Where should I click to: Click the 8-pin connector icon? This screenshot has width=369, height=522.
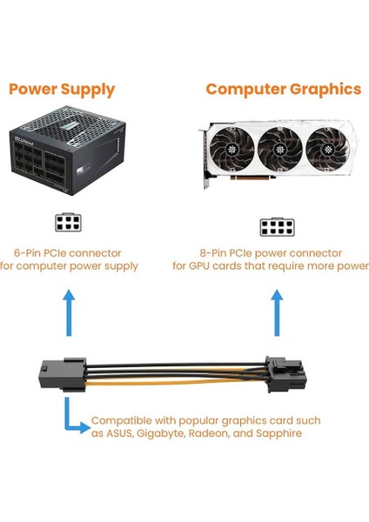point(276,227)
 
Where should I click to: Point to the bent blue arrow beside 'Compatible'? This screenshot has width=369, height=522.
point(72,415)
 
